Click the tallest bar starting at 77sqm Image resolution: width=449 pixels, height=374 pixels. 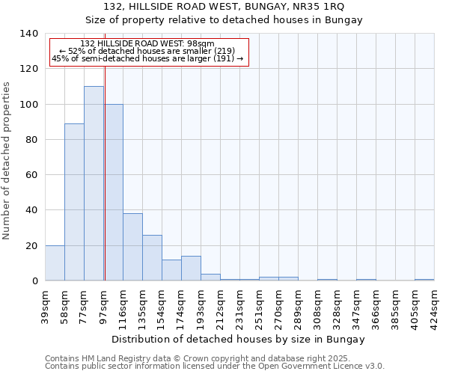[94, 183]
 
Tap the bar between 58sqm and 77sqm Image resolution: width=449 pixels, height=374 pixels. [74, 202]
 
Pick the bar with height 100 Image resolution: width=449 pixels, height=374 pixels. [113, 192]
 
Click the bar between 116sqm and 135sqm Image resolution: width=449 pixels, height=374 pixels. [132, 247]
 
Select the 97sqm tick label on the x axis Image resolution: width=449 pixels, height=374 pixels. [103, 304]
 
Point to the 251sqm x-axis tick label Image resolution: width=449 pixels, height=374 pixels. [259, 305]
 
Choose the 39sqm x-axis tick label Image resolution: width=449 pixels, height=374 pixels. [45, 304]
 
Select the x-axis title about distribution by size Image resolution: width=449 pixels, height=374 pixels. [239, 339]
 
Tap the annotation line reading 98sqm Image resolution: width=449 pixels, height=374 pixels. [147, 44]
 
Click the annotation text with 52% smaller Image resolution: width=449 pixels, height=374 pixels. [147, 51]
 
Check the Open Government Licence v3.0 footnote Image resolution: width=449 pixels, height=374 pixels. [214, 367]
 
